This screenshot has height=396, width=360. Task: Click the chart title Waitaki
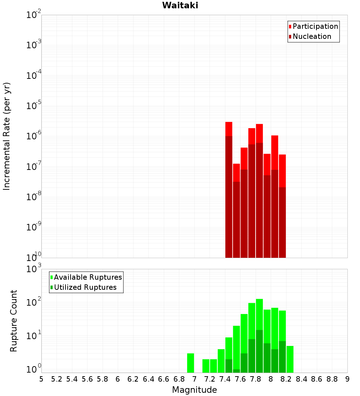[180, 6]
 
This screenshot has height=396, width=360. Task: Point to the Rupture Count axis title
[14, 321]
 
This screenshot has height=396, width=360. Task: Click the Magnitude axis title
[194, 390]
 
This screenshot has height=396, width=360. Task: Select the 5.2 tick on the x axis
[57, 379]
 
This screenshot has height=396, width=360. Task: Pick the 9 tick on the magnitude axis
[347, 379]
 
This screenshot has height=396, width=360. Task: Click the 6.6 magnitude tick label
[164, 379]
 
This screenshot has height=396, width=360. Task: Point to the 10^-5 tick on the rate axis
[33, 106]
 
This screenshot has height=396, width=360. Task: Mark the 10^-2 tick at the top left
[33, 15]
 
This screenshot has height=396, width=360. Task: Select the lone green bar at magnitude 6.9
[191, 363]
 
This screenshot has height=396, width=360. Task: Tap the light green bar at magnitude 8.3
[290, 359]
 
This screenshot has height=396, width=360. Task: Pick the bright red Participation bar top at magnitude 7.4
[229, 129]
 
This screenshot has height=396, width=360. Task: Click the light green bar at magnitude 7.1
[206, 366]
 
